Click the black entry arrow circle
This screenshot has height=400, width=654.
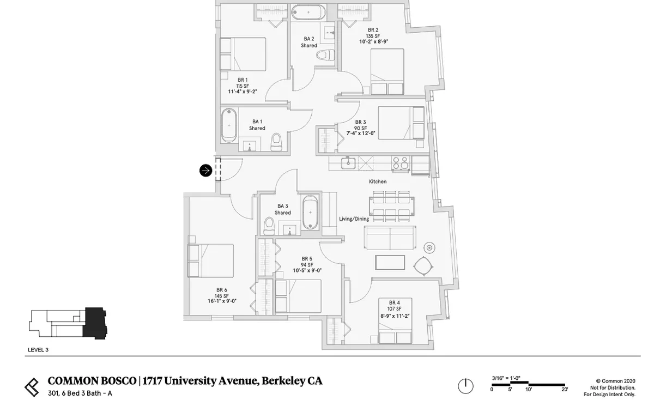click(205, 171)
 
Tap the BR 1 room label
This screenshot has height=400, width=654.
click(243, 80)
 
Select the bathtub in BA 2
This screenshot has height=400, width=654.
click(308, 13)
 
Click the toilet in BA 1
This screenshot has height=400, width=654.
click(276, 142)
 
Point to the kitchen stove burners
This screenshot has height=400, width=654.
click(400, 163)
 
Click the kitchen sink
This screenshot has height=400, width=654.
click(348, 162)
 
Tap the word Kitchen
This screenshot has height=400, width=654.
click(378, 181)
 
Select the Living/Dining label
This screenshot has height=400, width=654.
click(354, 219)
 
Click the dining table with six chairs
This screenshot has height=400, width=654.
click(391, 207)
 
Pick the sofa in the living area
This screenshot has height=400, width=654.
click(390, 238)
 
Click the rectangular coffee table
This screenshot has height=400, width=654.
click(390, 263)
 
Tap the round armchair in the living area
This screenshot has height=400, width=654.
click(423, 266)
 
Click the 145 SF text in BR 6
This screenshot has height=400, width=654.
click(222, 296)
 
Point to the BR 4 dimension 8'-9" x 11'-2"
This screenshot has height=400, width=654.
click(395, 316)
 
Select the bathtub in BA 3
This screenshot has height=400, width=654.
click(310, 213)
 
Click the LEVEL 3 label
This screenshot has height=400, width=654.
click(38, 350)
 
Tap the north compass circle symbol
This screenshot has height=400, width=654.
click(465, 386)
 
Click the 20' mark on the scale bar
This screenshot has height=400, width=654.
click(565, 389)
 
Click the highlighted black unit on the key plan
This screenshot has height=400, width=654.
click(95, 323)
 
